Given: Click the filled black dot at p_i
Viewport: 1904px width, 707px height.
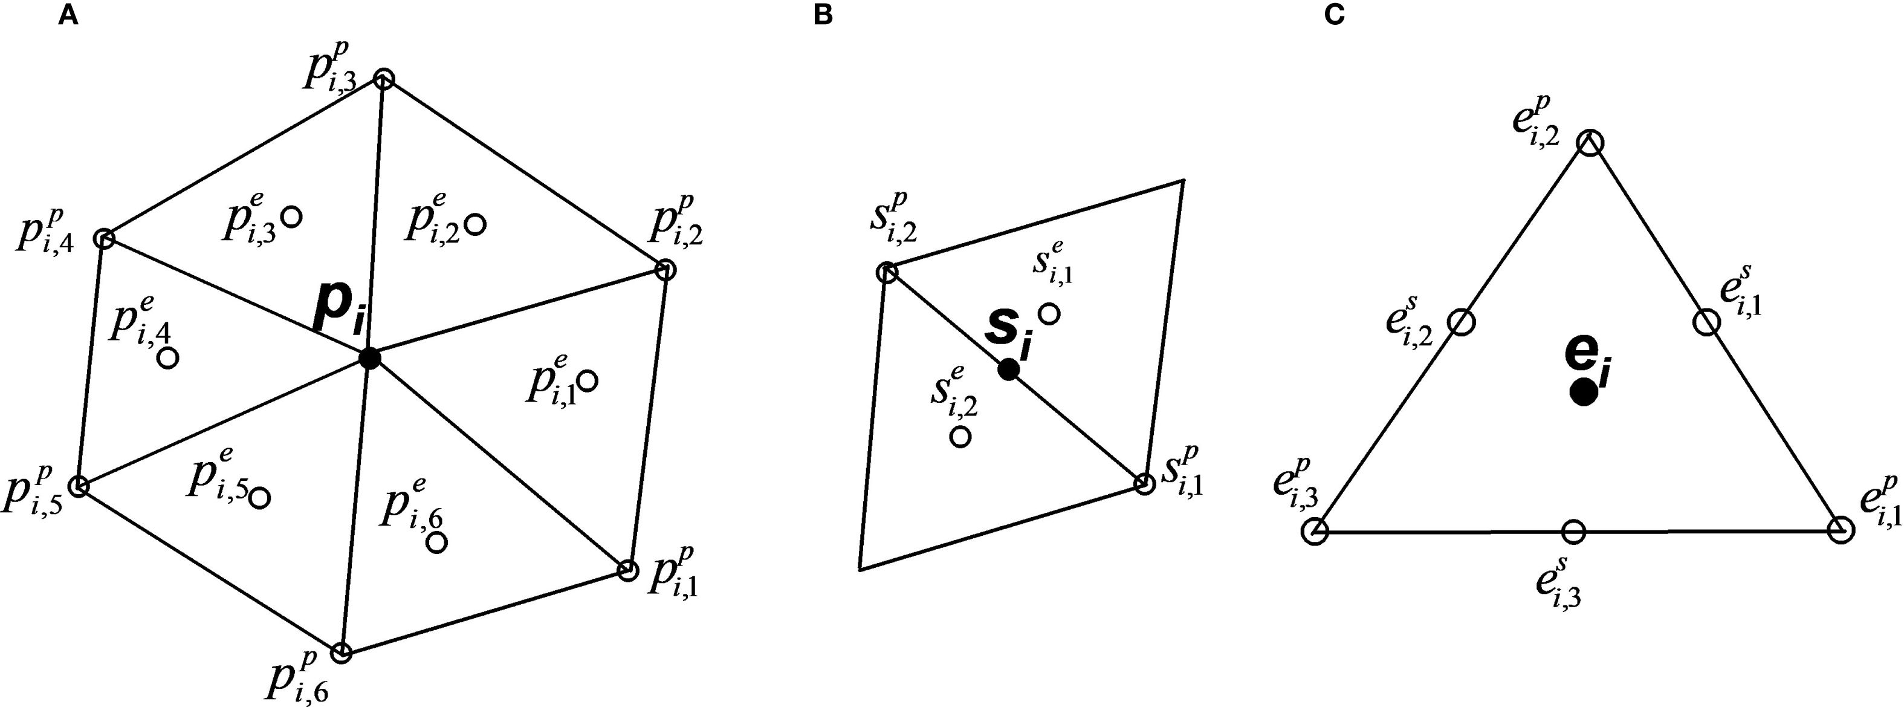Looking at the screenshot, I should (x=369, y=359).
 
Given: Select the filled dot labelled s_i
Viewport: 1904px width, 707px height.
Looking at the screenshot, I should (x=1008, y=369).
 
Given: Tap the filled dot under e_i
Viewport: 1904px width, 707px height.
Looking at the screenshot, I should (x=1582, y=391).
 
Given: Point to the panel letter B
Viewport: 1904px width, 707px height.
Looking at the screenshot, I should (x=823, y=16).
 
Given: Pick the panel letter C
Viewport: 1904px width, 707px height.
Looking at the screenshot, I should (x=1334, y=16).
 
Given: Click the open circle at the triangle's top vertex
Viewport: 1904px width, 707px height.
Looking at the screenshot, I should (x=1592, y=143).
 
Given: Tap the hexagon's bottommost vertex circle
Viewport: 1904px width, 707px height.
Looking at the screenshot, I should (x=341, y=653).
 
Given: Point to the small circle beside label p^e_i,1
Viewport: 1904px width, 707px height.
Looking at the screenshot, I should (x=588, y=381).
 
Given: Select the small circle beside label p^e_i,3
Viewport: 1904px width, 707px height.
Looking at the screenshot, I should (x=292, y=217).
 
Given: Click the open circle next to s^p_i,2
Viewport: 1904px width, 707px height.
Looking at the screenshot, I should (x=886, y=273).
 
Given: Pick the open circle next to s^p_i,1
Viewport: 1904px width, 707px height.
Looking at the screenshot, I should (x=1144, y=484).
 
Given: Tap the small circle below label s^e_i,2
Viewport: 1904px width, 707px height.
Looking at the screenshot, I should (x=960, y=436).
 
